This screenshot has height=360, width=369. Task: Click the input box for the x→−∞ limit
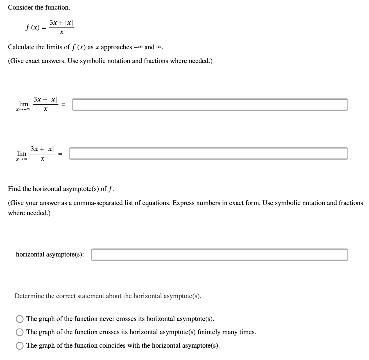210,105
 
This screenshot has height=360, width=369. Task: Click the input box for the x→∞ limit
208,154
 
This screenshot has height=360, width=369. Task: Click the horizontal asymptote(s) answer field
219,255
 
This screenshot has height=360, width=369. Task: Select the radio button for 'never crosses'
20,319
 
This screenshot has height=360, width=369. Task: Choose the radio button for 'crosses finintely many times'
20,332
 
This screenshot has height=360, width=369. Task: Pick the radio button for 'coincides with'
20,346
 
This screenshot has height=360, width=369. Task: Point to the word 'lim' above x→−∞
24,104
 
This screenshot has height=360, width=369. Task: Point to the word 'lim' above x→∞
22,154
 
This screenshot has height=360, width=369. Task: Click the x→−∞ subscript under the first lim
23,110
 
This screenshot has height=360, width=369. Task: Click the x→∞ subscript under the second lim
22,159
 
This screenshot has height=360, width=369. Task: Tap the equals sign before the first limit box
64,105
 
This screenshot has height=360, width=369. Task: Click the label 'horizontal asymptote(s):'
50,255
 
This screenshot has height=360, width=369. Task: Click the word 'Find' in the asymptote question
14,189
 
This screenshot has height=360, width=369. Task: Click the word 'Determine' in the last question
29,296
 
